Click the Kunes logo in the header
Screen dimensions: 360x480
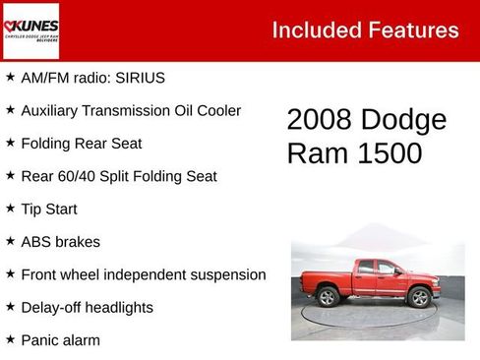(31, 31)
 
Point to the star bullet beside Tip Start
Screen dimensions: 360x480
(10, 209)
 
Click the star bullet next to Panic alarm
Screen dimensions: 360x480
(10, 339)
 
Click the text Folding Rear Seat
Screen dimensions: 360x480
(81, 144)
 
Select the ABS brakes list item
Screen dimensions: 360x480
(60, 242)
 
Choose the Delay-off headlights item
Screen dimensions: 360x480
(87, 308)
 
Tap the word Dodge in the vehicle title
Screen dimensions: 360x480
(402, 120)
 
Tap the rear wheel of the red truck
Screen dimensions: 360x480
(329, 296)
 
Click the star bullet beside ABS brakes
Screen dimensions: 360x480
(10, 241)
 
